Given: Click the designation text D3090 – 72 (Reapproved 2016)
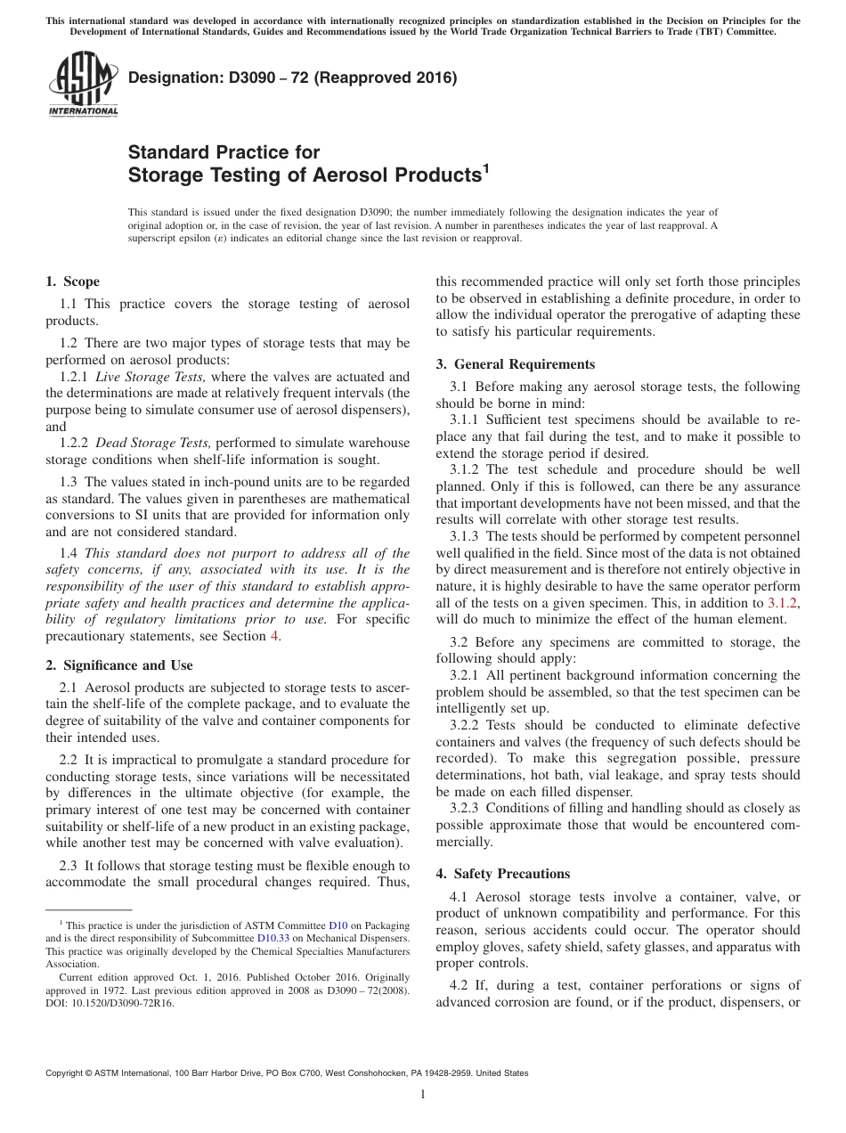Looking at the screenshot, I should point(292,77).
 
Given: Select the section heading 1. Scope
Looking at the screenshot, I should point(72,281).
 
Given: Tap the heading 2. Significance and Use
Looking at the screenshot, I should point(118,665).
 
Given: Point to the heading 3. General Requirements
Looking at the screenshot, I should point(515,364).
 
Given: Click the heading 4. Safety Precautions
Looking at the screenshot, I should point(502,874).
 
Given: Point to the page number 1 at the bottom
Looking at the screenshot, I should point(423,1095).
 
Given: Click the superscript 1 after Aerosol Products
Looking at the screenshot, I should point(485,167).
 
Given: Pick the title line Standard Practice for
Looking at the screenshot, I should point(224,152).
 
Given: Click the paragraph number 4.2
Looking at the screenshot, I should point(460,985).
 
